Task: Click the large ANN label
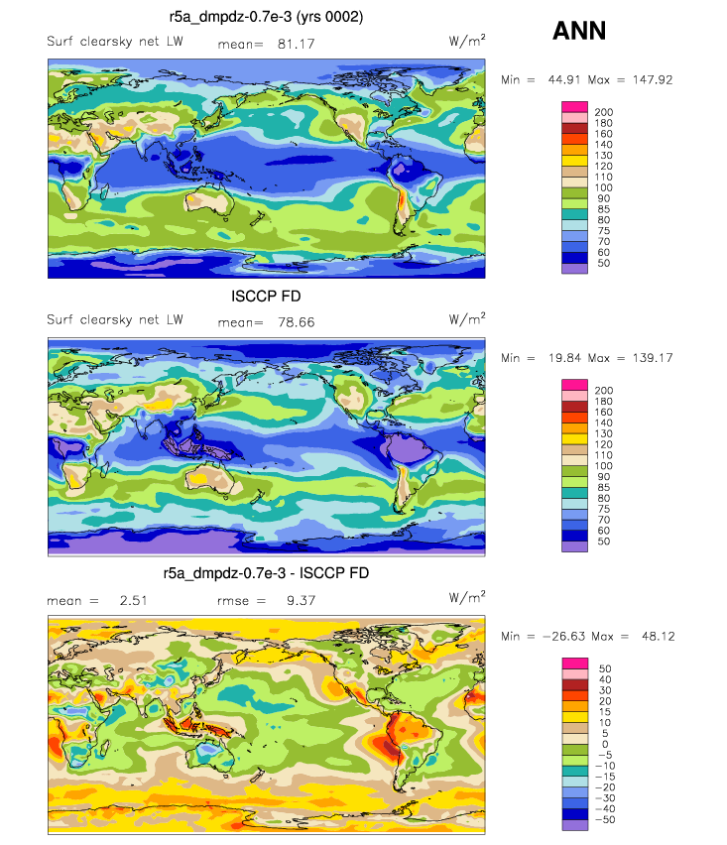(579, 31)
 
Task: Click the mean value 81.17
(296, 45)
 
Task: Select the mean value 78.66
(296, 322)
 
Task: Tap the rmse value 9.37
(301, 600)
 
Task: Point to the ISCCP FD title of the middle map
(266, 296)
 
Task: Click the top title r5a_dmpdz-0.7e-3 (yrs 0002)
(266, 17)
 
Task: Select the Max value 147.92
(653, 79)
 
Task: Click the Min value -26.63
(563, 636)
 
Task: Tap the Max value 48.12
(658, 636)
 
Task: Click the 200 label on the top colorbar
(604, 112)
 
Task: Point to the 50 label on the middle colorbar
(604, 542)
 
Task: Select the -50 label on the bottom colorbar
(605, 819)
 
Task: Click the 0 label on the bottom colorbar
(605, 744)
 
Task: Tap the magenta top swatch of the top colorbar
(574, 107)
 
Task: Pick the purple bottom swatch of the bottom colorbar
(574, 824)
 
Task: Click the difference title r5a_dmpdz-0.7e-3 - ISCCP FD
(266, 573)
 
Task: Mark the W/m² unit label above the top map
(467, 41)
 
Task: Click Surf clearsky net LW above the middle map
(115, 319)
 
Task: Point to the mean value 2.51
(133, 600)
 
